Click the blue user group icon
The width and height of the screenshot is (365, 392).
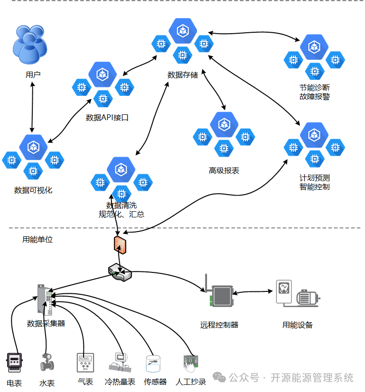point(30,44)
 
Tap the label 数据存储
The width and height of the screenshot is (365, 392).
point(182,75)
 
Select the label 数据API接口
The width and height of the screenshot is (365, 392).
point(107,117)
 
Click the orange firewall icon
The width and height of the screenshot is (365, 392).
point(120,245)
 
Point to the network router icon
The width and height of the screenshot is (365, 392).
point(120,272)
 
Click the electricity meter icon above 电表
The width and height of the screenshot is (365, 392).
point(14,363)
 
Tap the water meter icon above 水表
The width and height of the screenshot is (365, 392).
point(47,362)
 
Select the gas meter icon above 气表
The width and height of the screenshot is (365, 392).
point(85,363)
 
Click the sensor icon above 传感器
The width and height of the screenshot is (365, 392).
point(153,364)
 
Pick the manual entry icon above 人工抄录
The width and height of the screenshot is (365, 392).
point(191,364)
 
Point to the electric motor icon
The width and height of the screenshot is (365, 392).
point(308,298)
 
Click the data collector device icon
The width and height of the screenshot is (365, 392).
point(45,299)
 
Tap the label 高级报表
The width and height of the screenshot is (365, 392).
point(224,170)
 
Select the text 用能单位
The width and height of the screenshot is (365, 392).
point(37,240)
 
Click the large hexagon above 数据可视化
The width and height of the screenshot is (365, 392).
point(33,147)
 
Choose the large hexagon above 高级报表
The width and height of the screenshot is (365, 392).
point(224,124)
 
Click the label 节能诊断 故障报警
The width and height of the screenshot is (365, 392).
point(315,92)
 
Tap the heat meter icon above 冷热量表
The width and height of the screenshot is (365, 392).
point(120,363)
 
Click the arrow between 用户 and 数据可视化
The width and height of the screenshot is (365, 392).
point(32,107)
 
